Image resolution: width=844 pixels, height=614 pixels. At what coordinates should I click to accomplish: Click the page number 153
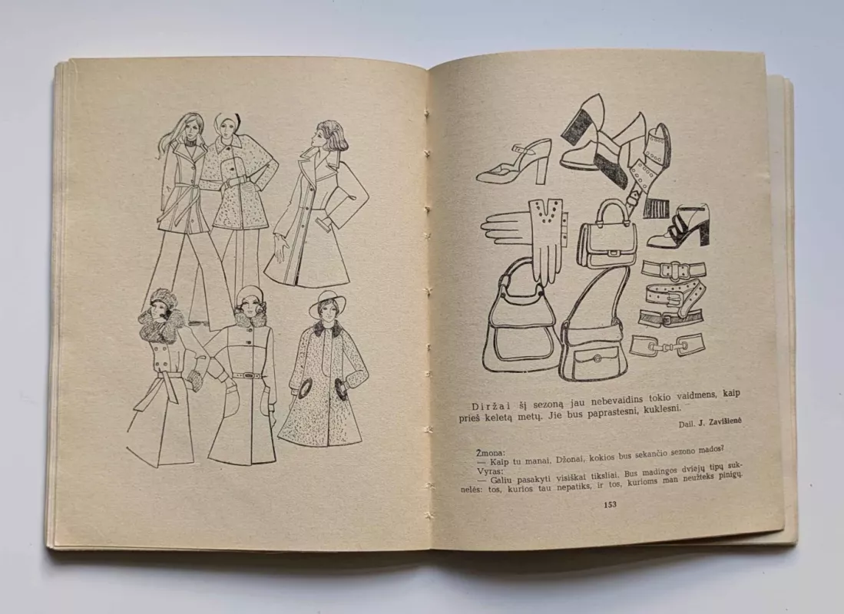point(610,504)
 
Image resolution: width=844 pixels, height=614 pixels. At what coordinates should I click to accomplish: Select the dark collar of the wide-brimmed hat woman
point(327,328)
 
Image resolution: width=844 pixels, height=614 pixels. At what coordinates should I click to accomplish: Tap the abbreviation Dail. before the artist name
point(685,423)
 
